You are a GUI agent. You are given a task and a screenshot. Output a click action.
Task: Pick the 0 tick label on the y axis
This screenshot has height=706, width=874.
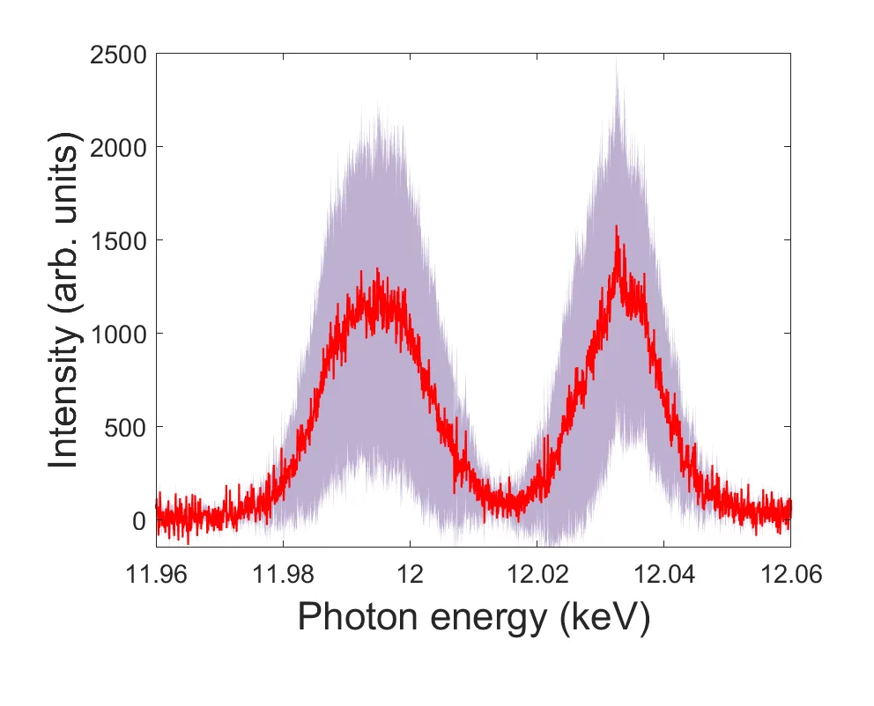[140, 520]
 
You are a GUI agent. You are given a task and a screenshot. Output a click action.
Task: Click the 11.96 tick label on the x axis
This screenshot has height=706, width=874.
[157, 575]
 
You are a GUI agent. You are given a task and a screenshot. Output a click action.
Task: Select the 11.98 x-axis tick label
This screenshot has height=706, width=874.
[283, 575]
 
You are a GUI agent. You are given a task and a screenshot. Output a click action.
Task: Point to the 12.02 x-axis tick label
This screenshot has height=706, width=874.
[537, 575]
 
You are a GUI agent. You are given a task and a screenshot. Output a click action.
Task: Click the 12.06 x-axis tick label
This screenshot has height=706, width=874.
[789, 575]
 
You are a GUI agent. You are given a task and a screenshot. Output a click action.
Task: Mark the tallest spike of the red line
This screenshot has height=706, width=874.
[617, 226]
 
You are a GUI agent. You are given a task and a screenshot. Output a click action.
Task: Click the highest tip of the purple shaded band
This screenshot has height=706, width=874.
[617, 60]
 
